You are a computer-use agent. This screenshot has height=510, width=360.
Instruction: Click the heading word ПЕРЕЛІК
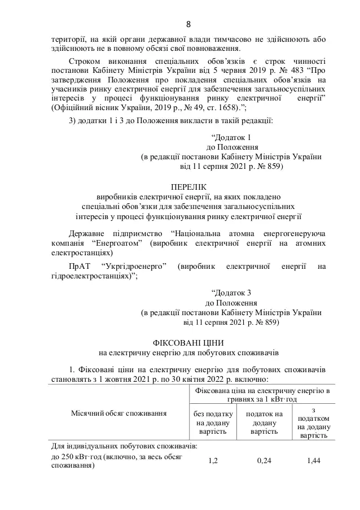(x=188, y=187)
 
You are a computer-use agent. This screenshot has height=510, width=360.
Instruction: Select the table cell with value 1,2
(x=213, y=461)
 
